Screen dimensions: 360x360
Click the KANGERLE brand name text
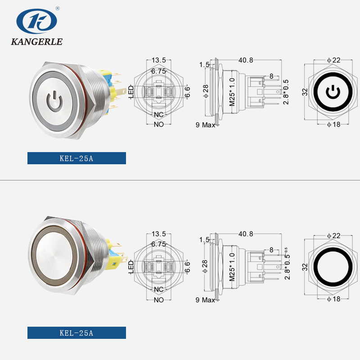pyautogui.click(x=36, y=42)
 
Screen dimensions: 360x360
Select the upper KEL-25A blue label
pyautogui.click(x=76, y=158)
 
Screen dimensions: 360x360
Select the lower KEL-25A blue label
pyautogui.click(x=76, y=333)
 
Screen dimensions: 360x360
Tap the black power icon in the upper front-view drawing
pyautogui.click(x=332, y=92)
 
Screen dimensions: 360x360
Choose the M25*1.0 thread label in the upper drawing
pyautogui.click(x=232, y=92)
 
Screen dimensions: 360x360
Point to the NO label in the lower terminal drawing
pyautogui.click(x=158, y=300)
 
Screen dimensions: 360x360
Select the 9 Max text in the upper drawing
pyautogui.click(x=206, y=125)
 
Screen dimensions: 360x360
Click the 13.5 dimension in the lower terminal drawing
pyautogui.click(x=159, y=234)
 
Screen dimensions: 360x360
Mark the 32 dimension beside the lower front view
pyautogui.click(x=305, y=266)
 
